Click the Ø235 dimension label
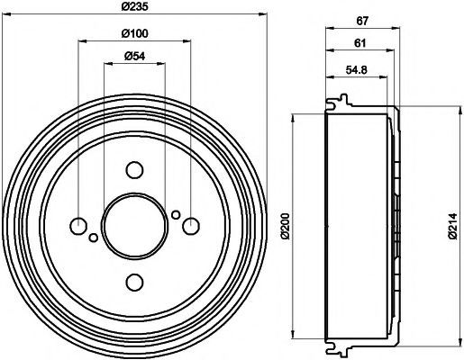coord(134,6)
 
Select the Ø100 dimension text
coord(134,33)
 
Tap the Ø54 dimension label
coord(134,56)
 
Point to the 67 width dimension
coord(362,21)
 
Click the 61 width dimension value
coord(360,43)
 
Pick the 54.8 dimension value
coord(356,70)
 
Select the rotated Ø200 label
coord(286,226)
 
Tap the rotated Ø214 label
coord(452,226)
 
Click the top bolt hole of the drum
coord(134,170)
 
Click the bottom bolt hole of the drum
coord(134,282)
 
